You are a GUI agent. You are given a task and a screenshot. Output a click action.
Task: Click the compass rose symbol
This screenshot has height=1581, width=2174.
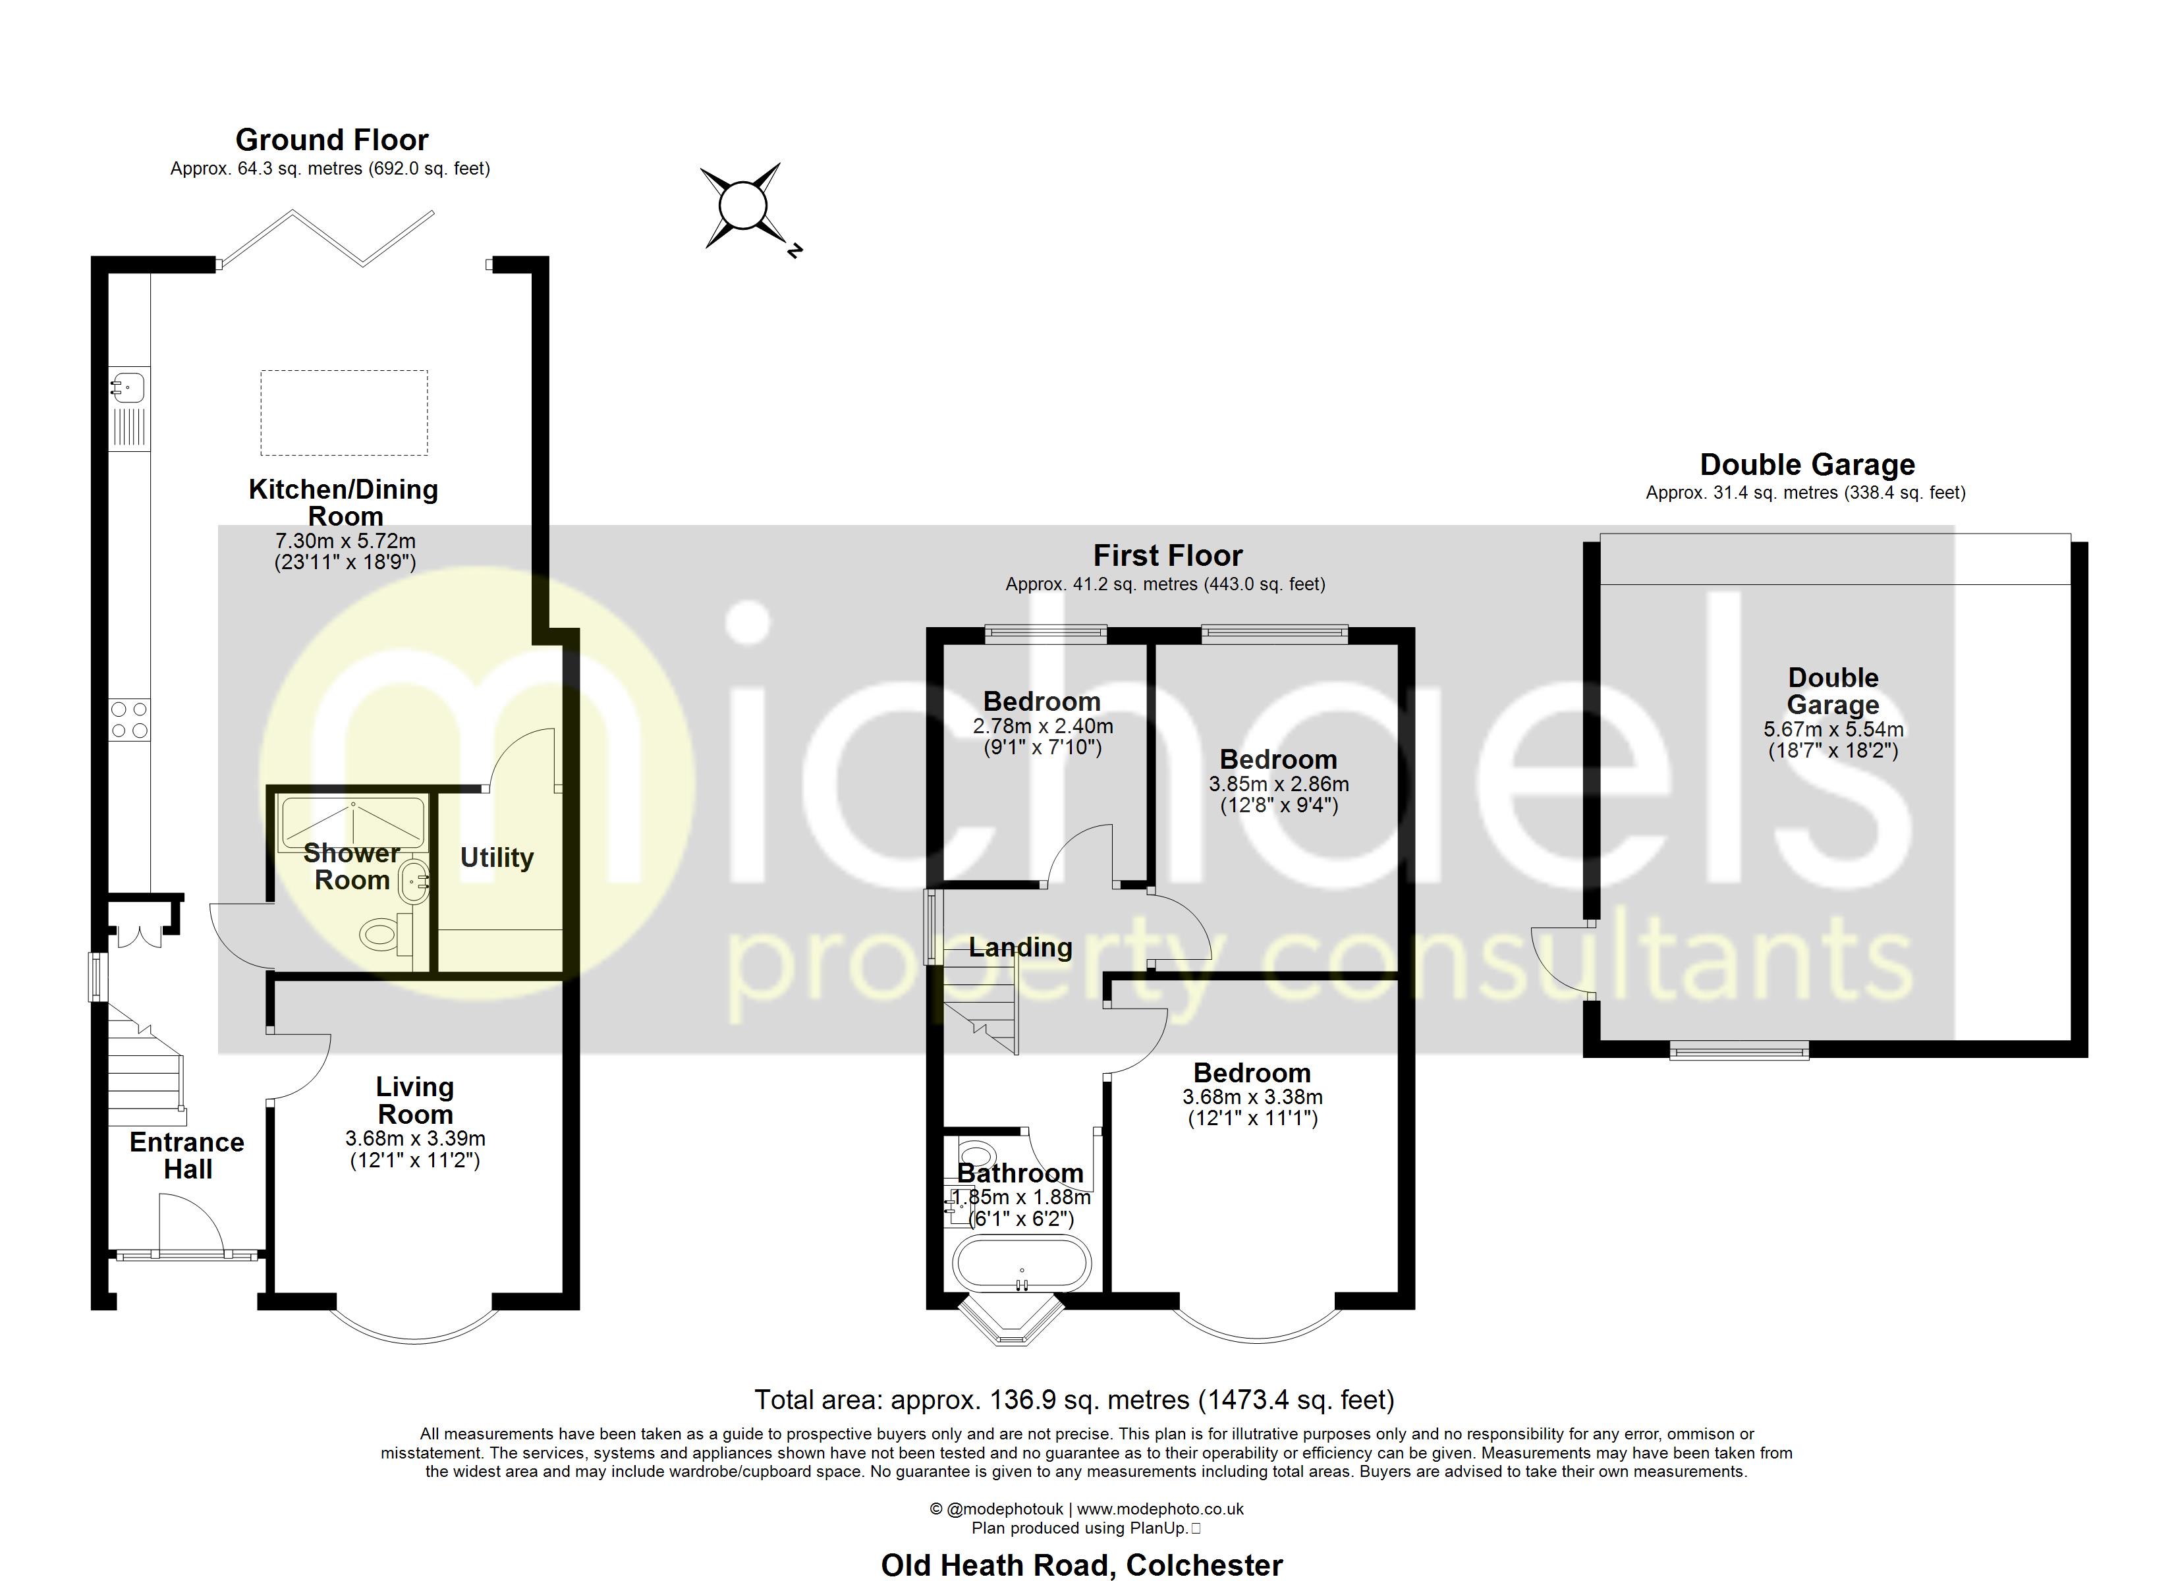coord(741,207)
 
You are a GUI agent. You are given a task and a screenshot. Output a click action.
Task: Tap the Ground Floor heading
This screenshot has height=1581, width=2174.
coord(331,140)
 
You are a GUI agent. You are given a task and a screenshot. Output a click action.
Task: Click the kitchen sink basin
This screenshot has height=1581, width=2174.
coord(128,387)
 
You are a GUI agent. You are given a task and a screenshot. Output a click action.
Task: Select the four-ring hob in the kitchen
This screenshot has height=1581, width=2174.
coord(129,720)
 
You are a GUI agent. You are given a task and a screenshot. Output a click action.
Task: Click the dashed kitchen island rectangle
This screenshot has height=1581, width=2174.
coord(344,413)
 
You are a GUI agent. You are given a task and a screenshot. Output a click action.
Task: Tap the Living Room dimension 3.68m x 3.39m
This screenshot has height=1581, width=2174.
coord(415,1139)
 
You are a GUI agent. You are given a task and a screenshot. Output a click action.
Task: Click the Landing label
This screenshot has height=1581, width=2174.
coord(1020,947)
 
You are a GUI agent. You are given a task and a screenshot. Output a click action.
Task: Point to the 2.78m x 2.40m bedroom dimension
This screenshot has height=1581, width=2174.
coord(1043,727)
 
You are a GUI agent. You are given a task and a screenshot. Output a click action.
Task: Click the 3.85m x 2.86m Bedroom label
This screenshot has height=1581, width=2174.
coord(1278,760)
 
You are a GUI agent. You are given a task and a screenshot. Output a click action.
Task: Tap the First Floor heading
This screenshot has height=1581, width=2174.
coord(1167,555)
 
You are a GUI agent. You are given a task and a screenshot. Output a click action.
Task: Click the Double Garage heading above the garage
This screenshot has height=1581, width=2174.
coord(1807,465)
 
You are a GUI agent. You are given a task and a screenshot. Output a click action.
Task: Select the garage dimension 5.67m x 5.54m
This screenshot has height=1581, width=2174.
coord(1833,730)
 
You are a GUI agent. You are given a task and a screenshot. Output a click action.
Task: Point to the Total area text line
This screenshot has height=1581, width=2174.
coord(1074,1400)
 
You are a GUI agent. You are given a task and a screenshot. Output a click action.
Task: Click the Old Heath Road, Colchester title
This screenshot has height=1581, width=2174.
coord(1081,1565)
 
